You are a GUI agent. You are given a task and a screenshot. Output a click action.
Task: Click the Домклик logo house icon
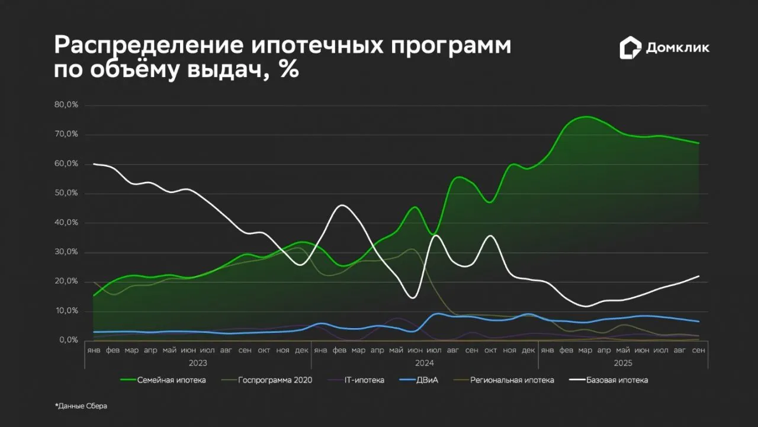coord(631,48)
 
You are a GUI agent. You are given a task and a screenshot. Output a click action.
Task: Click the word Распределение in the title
coord(149,46)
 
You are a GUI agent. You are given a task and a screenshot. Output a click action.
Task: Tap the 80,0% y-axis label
coord(66,105)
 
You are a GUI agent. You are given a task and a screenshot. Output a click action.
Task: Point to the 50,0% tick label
coord(66,193)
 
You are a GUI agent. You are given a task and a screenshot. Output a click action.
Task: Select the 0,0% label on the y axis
coord(69,340)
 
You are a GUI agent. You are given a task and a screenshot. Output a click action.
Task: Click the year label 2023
coord(198,363)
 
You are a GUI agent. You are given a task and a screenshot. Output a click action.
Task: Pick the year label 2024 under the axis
coord(425,363)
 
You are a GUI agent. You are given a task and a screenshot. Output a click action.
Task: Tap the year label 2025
coord(623,363)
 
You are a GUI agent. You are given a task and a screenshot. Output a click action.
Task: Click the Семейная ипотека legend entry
coord(163,380)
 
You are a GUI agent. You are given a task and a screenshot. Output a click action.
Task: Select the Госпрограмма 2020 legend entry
coord(266,380)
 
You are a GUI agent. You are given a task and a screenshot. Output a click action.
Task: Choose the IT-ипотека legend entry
coord(356,380)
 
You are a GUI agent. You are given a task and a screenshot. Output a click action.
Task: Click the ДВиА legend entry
coord(419,380)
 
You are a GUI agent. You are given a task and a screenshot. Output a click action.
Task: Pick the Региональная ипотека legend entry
coord(504,380)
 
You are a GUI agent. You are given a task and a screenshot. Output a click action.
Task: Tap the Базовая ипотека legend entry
coord(608,380)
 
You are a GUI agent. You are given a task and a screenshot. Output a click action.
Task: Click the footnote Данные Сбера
coord(81,406)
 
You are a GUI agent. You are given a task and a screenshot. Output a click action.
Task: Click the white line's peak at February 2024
coord(342,205)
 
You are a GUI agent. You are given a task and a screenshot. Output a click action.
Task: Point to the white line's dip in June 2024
coord(413,298)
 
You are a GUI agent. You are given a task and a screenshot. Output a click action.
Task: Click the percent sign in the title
coord(290,69)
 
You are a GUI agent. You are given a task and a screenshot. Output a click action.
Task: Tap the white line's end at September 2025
coord(699,276)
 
